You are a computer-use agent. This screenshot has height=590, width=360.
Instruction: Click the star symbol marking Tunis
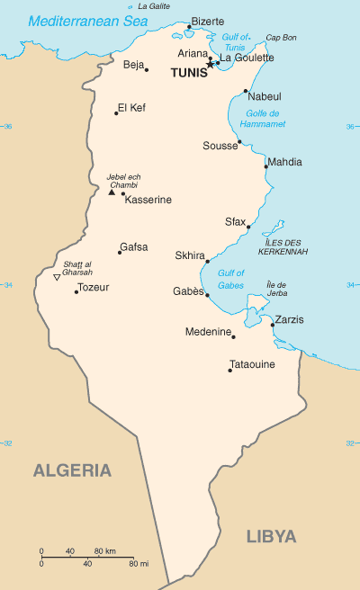coord(211,64)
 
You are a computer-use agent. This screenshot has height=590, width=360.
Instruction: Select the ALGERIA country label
coord(73,470)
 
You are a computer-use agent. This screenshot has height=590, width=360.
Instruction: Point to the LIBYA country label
coord(271,536)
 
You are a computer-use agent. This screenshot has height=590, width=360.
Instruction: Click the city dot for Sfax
coord(248,227)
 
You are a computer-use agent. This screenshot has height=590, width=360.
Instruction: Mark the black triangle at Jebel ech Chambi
coord(112,192)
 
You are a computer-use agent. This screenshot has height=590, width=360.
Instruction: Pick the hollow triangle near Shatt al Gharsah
coord(57,277)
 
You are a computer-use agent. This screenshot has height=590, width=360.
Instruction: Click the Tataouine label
coord(252,365)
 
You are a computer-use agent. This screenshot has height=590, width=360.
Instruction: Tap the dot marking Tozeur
coord(76,292)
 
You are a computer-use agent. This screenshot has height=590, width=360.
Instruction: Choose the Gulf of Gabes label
coord(230,279)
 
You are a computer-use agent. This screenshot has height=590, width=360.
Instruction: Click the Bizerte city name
coord(208,21)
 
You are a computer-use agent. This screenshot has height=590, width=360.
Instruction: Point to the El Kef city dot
coord(116,113)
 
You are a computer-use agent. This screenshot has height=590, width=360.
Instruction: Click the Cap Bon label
coord(280,38)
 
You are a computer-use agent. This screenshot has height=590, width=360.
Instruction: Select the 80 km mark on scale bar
coord(111,550)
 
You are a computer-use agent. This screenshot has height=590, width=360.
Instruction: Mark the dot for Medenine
coord(233,336)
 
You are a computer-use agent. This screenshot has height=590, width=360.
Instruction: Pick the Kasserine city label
coord(148,200)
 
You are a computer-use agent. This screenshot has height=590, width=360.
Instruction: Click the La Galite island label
coord(153,5)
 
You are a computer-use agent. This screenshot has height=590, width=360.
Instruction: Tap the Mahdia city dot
coord(265,166)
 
